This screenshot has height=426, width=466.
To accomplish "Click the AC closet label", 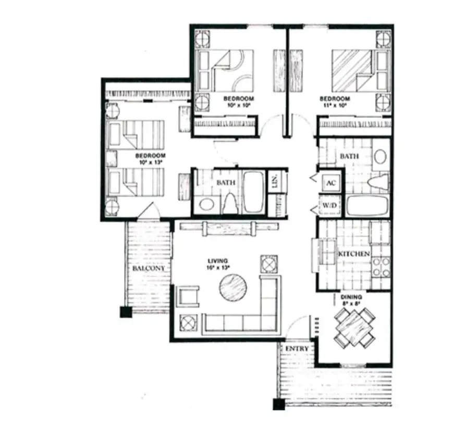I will tap(330, 183).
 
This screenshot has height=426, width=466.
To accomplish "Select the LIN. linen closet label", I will tap(275, 182).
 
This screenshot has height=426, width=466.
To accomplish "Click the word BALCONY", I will tap(149, 268).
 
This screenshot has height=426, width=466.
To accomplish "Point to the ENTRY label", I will tap(297, 348).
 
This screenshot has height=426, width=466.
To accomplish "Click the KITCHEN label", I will tap(354, 254).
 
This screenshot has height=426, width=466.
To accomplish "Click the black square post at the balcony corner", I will tap(126, 312).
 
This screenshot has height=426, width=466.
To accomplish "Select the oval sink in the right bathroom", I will tap(381, 157).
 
